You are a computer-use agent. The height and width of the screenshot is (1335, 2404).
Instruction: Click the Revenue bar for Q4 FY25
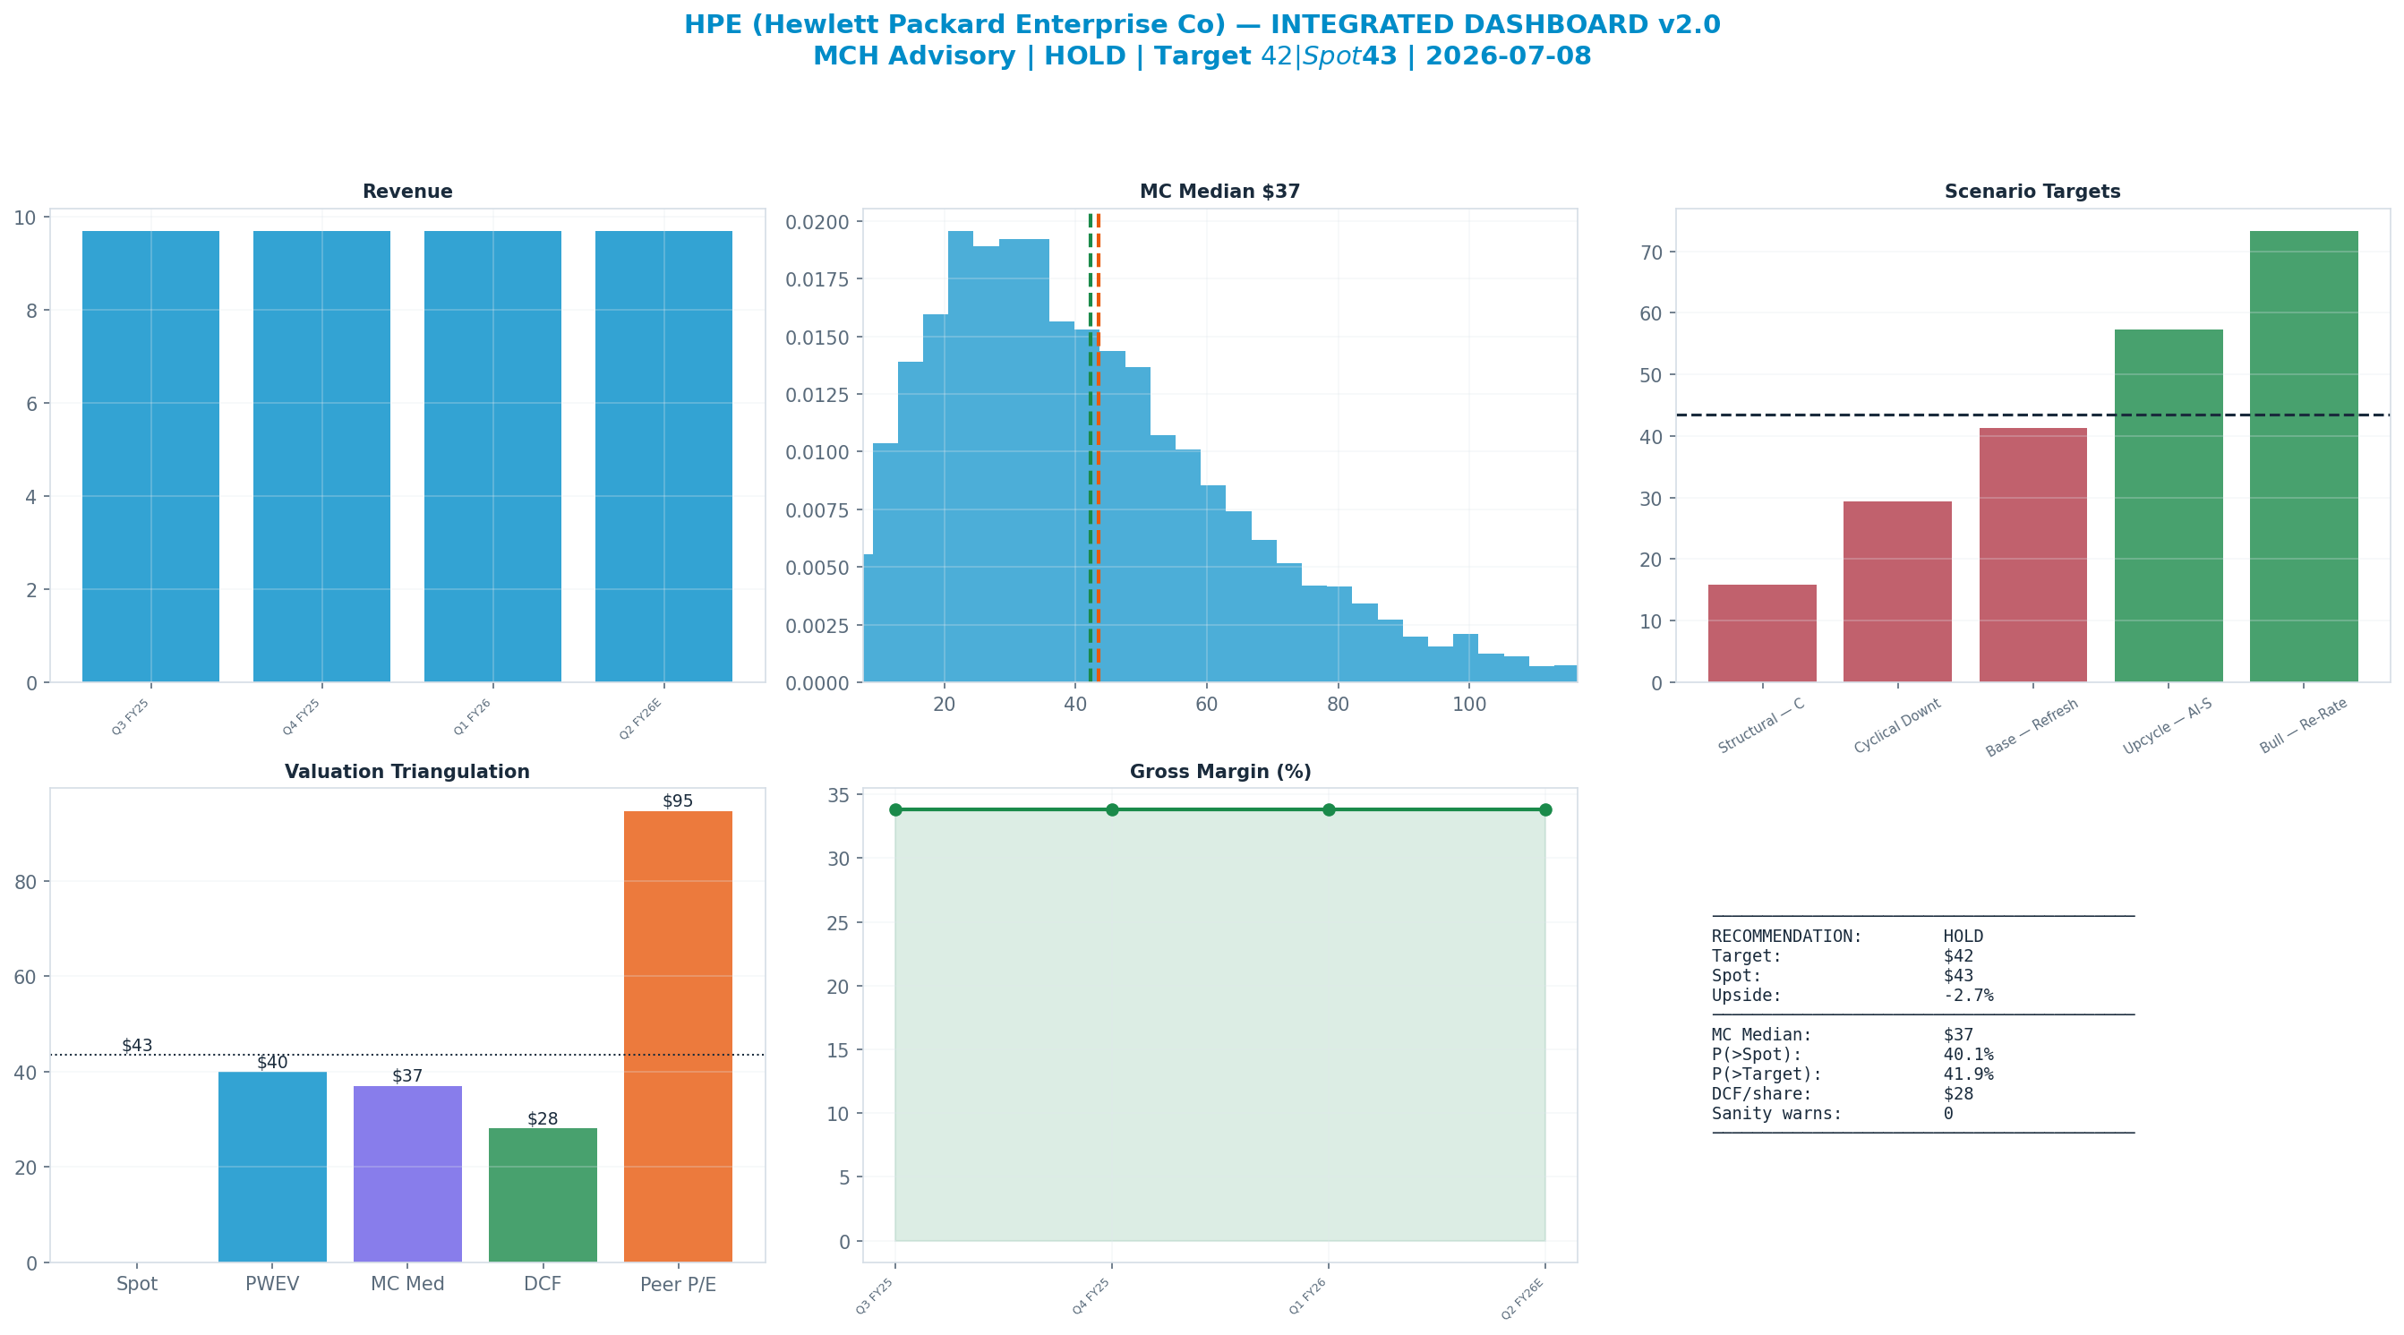[x=322, y=457]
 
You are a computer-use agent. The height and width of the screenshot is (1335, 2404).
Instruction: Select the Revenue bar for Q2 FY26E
[x=663, y=457]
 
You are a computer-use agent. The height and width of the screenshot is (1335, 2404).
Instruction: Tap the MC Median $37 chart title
[x=1219, y=192]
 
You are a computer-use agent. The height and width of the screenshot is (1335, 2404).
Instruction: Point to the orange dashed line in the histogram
[x=1099, y=448]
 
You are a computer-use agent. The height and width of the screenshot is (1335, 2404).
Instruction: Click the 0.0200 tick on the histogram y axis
[x=817, y=222]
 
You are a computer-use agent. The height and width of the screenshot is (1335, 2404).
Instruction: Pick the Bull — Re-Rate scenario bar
[x=2303, y=457]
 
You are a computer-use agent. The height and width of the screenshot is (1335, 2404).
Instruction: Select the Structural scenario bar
[x=1762, y=633]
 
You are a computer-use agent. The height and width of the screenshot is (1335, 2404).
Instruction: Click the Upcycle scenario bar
[x=2168, y=506]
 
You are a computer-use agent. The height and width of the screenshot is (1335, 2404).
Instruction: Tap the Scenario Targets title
[x=2032, y=192]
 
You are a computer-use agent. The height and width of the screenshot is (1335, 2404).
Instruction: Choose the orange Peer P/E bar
[x=679, y=1036]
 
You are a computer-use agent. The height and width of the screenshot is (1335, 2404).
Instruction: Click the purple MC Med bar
[x=407, y=1174]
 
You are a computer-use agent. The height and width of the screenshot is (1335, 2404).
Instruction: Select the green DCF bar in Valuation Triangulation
[x=543, y=1195]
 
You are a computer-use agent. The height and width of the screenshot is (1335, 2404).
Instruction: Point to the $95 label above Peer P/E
[x=679, y=801]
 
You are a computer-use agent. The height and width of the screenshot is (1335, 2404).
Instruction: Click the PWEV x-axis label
[x=272, y=1284]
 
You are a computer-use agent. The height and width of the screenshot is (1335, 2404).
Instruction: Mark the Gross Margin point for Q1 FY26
[x=1329, y=809]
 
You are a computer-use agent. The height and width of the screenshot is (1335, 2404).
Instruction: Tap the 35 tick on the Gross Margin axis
[x=838, y=795]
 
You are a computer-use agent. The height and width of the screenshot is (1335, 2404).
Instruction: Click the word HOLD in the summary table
[x=1963, y=937]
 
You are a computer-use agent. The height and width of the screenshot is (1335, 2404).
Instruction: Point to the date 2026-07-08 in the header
[x=1508, y=56]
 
